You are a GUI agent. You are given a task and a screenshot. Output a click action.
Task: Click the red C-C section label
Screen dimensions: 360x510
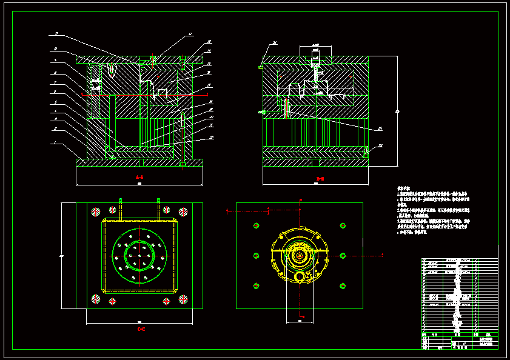tap(141, 329)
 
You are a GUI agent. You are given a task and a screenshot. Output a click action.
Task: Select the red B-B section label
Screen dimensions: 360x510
tap(320, 178)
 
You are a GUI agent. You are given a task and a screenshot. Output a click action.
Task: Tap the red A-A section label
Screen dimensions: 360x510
tap(139, 177)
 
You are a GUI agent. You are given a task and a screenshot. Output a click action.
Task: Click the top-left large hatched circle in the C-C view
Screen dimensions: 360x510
tap(95, 212)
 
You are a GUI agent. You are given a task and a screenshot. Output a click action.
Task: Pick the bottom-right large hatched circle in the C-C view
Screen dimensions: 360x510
tap(183, 299)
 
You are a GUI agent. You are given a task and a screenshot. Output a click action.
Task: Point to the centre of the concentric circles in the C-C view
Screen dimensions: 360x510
tap(140, 256)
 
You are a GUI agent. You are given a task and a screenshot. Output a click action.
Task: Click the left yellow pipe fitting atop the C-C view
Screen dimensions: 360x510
tap(121, 208)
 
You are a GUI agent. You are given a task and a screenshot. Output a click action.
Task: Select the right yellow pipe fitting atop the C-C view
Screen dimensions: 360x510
tap(158, 208)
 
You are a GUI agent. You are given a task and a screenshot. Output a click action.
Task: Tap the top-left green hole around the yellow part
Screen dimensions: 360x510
tap(256, 225)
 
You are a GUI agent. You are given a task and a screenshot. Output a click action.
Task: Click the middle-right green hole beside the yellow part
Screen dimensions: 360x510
tap(343, 256)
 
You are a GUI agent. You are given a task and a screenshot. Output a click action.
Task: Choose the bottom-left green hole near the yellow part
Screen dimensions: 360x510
tap(256, 286)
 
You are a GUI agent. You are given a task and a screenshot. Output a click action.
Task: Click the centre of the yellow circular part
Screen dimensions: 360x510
tap(300, 256)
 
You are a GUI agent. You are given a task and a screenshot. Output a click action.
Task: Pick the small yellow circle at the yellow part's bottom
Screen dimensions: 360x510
tap(300, 277)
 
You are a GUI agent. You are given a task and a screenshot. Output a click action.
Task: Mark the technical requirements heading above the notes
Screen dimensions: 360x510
tap(404, 188)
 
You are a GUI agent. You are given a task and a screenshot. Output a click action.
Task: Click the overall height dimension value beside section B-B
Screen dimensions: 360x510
tap(397, 111)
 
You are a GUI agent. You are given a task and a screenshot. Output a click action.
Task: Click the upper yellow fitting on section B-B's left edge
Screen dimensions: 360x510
tap(261, 67)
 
